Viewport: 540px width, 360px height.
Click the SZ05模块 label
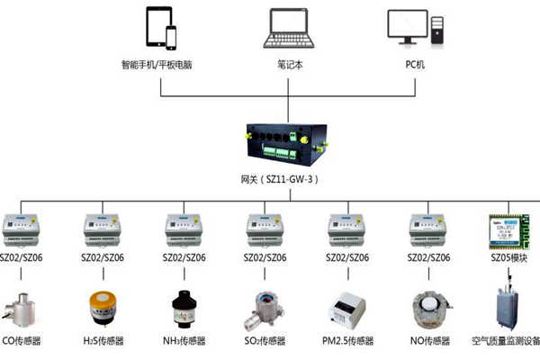tap(509, 259)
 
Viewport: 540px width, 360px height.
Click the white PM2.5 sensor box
tap(347, 308)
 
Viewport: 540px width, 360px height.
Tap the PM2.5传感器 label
tap(347, 342)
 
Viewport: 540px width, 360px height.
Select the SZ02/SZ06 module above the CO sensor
tap(22, 229)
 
